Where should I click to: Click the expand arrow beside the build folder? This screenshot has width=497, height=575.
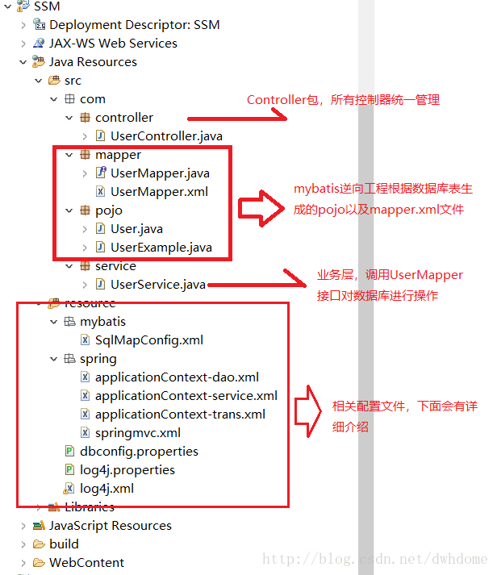tap(23, 544)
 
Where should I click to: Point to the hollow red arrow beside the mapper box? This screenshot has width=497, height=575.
tap(261, 208)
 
